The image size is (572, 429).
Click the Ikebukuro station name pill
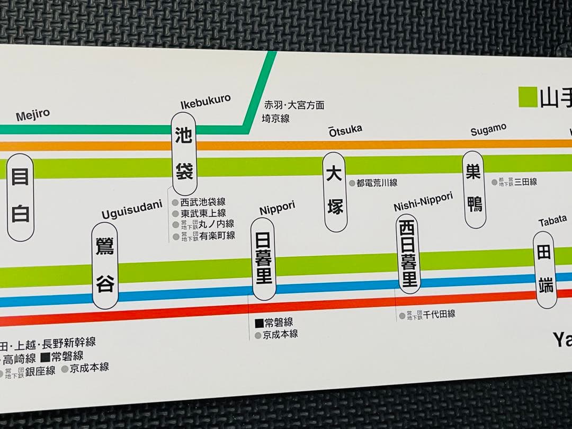click(x=184, y=154)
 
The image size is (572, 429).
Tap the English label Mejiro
click(x=33, y=115)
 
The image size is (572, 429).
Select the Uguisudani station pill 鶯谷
click(x=105, y=265)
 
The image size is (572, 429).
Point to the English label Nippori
click(x=277, y=209)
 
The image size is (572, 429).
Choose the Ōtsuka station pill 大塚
click(x=335, y=192)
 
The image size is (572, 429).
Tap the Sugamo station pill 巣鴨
click(x=474, y=189)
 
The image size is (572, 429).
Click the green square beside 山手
click(x=528, y=97)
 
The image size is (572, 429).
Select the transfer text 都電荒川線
click(x=377, y=183)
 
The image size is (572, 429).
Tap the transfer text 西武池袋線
click(x=202, y=202)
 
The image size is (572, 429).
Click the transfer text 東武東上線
click(x=202, y=213)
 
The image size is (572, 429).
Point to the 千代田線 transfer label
click(x=439, y=314)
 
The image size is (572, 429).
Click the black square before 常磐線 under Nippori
click(x=259, y=323)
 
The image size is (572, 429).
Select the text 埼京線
click(x=276, y=119)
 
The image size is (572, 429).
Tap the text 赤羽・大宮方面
click(x=294, y=105)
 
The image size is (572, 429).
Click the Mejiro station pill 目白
click(x=20, y=197)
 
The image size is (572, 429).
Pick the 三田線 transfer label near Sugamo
click(x=525, y=181)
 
